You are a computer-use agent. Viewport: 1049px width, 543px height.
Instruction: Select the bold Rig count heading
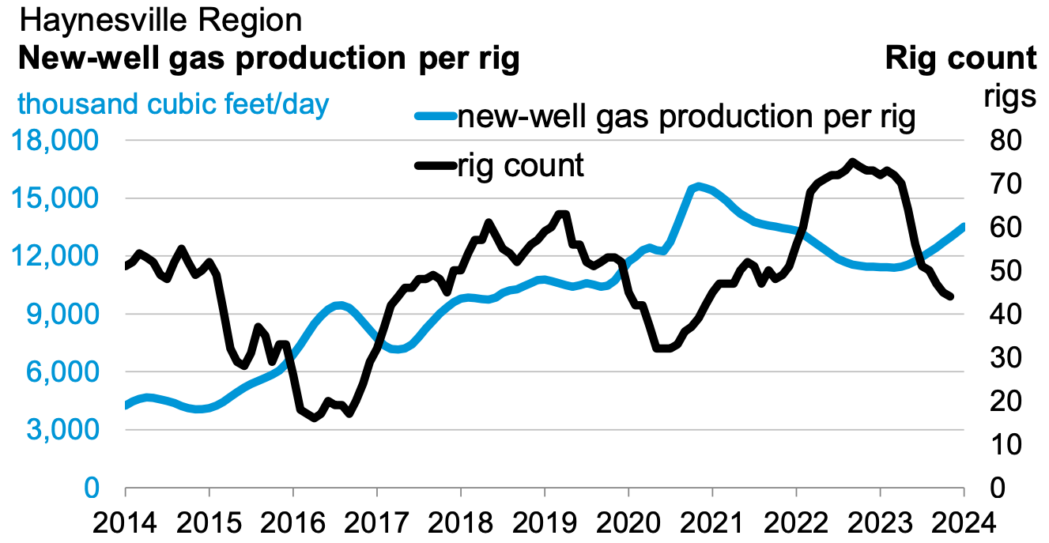pyautogui.click(x=960, y=59)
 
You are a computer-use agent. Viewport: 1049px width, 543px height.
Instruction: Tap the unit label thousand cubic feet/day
pyautogui.click(x=173, y=104)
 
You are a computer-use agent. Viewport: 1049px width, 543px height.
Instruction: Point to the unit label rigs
pyautogui.click(x=1009, y=98)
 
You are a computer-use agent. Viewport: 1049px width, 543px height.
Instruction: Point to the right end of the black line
pyautogui.click(x=950, y=296)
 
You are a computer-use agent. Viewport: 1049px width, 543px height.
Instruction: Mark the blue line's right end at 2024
pyautogui.click(x=963, y=227)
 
